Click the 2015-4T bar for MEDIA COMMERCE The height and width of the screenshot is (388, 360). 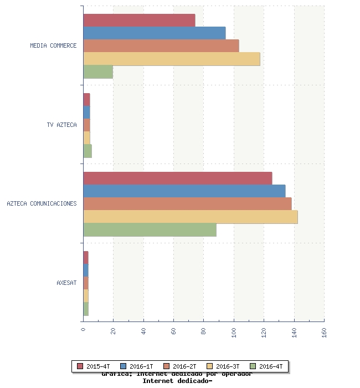139,20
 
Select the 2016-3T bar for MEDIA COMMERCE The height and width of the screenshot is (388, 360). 172,59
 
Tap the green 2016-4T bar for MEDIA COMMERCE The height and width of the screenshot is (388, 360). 98,72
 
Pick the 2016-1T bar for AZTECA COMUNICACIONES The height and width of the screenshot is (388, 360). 184,191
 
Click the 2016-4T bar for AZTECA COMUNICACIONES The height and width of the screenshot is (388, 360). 150,230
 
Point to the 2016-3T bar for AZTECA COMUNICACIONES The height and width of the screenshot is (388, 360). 191,217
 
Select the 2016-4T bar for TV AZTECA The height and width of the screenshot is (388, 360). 88,151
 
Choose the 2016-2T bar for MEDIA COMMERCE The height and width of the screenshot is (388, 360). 161,46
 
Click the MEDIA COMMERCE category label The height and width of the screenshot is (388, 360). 53,45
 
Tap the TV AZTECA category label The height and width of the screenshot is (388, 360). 61,125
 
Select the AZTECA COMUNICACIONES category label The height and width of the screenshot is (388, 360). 42,203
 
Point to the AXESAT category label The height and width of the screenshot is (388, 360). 66,283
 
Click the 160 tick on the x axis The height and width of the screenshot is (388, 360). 324,331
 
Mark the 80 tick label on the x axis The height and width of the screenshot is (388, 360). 204,331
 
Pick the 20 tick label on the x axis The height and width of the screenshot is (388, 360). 114,331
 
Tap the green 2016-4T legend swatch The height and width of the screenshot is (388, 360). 253,366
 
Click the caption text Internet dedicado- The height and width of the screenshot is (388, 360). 177,381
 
